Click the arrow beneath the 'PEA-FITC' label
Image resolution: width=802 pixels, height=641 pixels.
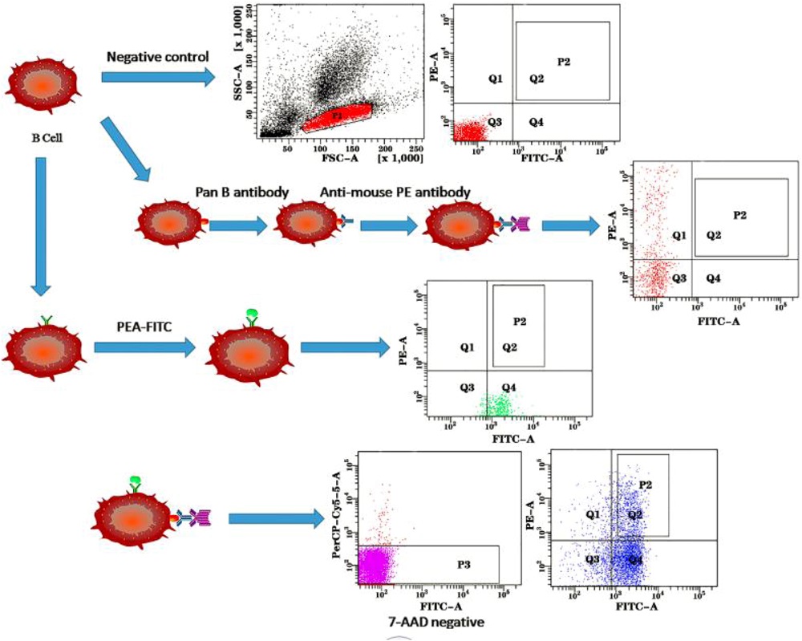(x=144, y=348)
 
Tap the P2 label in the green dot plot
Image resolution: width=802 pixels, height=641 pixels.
(x=519, y=322)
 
